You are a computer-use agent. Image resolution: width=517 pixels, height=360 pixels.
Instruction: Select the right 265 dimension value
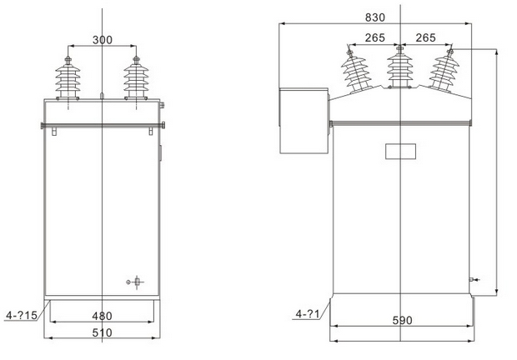[x=426, y=37]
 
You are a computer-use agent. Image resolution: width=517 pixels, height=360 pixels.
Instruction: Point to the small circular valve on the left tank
[x=132, y=282]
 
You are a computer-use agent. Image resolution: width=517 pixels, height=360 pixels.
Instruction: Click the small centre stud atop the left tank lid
[x=100, y=97]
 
